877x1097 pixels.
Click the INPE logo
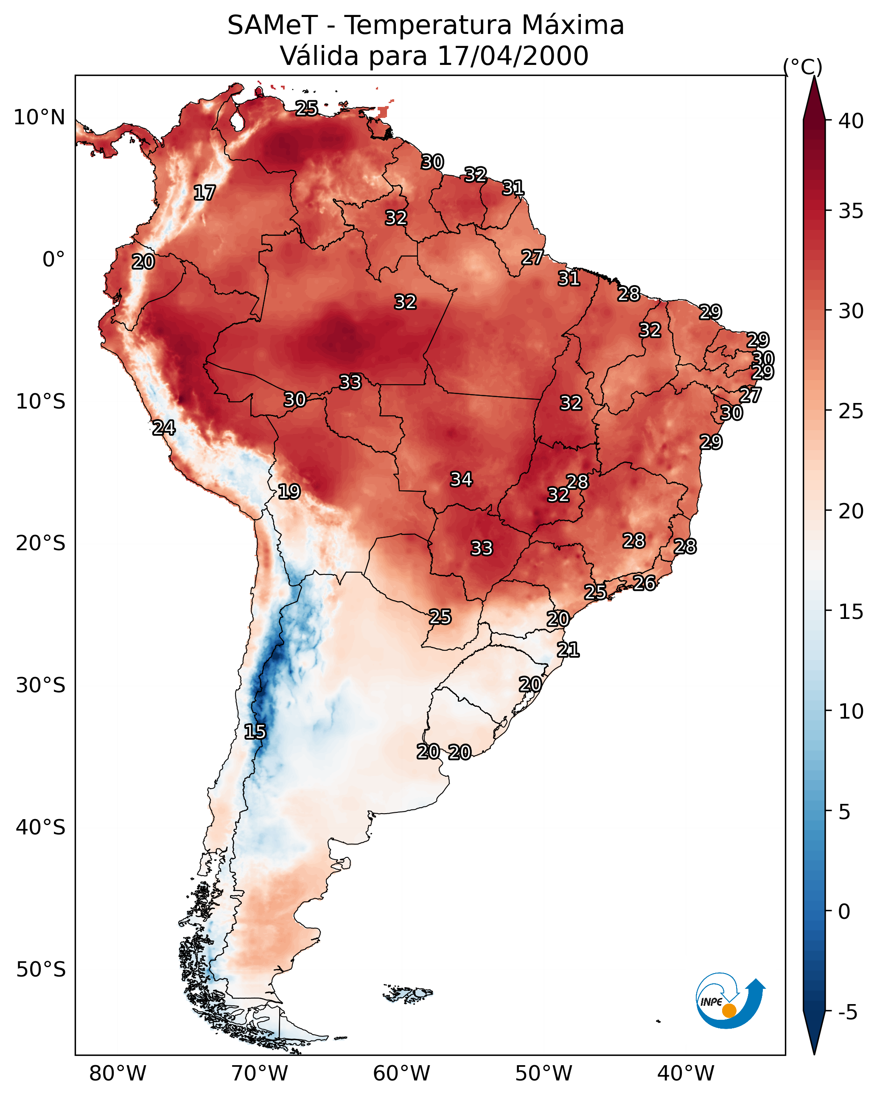731,1000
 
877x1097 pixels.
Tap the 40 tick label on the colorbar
851,121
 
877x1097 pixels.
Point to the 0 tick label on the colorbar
844,912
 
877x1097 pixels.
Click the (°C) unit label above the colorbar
803,67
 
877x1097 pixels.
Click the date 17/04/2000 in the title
513,56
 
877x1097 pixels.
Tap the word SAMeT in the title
273,25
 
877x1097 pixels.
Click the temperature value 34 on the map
462,479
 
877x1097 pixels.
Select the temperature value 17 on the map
205,193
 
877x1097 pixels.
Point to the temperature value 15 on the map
255,732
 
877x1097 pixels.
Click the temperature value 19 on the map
289,492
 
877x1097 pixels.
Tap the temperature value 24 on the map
164,428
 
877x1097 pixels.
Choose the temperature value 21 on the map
568,650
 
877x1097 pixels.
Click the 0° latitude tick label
54,260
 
